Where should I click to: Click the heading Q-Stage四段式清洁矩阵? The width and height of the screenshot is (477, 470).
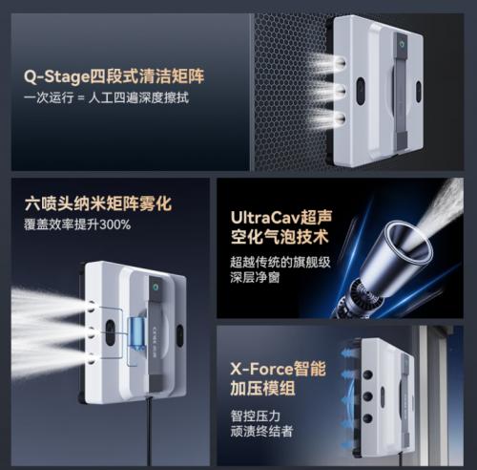coord(114,77)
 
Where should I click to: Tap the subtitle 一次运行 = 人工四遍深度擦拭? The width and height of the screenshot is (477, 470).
coord(106,97)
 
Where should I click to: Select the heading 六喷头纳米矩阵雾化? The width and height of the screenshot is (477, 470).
coord(98,203)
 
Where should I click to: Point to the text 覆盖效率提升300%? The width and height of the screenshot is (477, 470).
coord(77,224)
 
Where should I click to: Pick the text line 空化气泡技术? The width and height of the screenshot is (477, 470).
coord(280,237)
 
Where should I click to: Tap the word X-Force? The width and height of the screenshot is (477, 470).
coord(261,369)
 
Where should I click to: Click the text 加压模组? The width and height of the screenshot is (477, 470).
coord(263,388)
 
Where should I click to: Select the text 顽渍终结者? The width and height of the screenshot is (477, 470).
coord(261,432)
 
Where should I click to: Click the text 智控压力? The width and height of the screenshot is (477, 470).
coord(256,416)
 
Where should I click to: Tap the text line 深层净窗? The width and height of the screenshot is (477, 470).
coord(255,277)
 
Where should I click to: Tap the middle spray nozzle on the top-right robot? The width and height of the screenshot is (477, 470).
coord(341,91)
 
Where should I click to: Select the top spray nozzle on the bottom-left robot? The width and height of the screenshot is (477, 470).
coord(92,307)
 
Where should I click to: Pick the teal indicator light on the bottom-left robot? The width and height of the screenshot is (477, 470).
coord(156,288)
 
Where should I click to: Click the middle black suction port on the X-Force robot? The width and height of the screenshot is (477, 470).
coord(367,396)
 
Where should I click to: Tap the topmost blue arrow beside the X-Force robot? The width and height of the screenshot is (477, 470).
coord(348,352)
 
